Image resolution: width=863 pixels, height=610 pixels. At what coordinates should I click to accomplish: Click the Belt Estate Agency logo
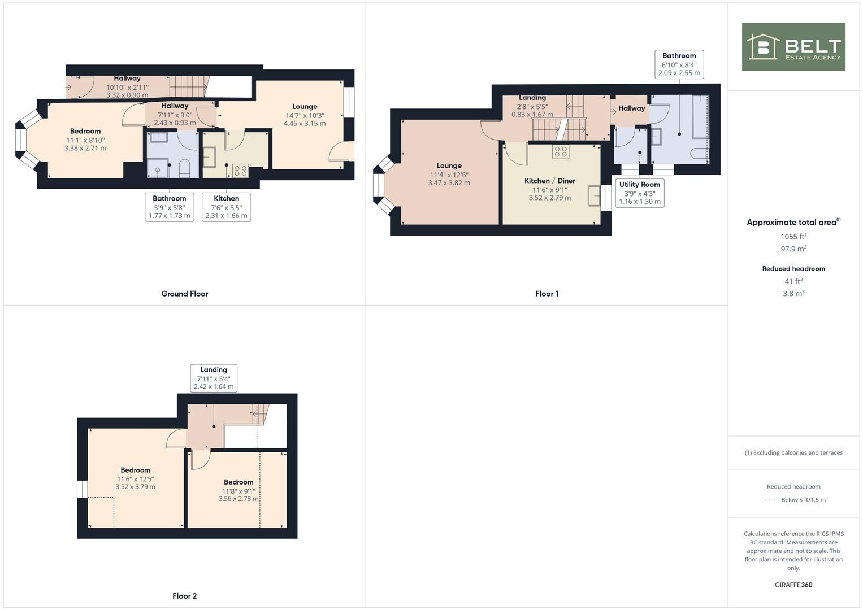coord(793,47)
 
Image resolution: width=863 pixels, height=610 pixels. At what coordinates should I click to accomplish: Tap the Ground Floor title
coord(184,294)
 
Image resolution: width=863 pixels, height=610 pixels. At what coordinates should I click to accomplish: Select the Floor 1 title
coord(547,294)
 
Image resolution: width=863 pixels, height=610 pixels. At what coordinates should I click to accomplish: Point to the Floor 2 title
coord(184,596)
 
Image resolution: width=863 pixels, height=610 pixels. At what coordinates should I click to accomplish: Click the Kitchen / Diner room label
coord(549,181)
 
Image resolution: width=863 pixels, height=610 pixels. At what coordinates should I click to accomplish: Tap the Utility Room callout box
coord(639,193)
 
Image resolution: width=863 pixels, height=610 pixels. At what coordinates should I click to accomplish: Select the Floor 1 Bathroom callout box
coord(679,64)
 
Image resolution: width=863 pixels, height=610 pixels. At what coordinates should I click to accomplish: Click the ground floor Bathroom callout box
coord(169,207)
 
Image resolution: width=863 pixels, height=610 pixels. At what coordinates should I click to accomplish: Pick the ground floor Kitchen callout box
coord(226,207)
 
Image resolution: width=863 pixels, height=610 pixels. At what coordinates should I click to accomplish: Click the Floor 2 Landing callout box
coord(213,378)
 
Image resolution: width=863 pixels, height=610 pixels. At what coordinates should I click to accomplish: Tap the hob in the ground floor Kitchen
coord(240,171)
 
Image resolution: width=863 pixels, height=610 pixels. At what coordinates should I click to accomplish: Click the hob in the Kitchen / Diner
coord(561,151)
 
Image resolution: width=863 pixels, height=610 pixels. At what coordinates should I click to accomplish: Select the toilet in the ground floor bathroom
coord(184,168)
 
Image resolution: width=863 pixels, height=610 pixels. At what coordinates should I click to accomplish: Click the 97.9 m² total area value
coord(793,249)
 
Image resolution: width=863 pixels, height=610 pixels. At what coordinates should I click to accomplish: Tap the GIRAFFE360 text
coord(793,585)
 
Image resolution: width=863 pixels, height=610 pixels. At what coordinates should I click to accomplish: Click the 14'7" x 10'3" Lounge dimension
coord(305,115)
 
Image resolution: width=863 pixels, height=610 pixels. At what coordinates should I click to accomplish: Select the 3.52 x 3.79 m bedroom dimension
coord(135,486)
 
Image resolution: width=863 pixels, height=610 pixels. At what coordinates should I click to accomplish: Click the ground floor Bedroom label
coord(85,131)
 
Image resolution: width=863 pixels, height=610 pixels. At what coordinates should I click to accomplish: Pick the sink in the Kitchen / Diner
coord(594,196)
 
